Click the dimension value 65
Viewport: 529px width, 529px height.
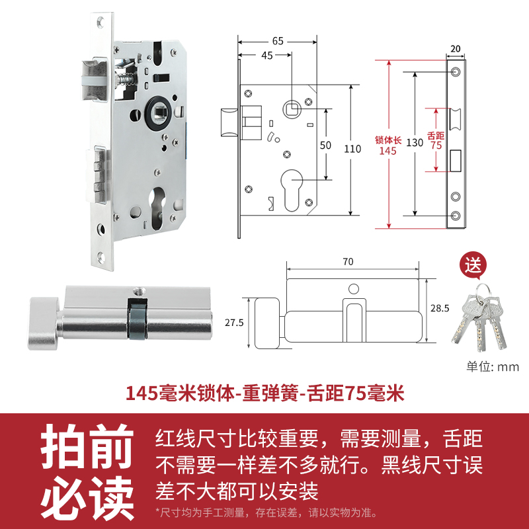pyautogui.click(x=278, y=41)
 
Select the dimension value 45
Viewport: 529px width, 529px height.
pyautogui.click(x=266, y=56)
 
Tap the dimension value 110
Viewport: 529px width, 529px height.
pyautogui.click(x=352, y=149)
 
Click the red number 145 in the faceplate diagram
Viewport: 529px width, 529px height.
pyautogui.click(x=387, y=151)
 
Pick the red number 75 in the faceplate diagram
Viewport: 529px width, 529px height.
pyautogui.click(x=436, y=145)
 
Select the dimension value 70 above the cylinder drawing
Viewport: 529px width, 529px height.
pyautogui.click(x=348, y=261)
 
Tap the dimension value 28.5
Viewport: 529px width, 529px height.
pyautogui.click(x=439, y=309)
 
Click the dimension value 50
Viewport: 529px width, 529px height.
pyautogui.click(x=325, y=145)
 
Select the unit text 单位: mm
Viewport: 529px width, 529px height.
pyautogui.click(x=493, y=367)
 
